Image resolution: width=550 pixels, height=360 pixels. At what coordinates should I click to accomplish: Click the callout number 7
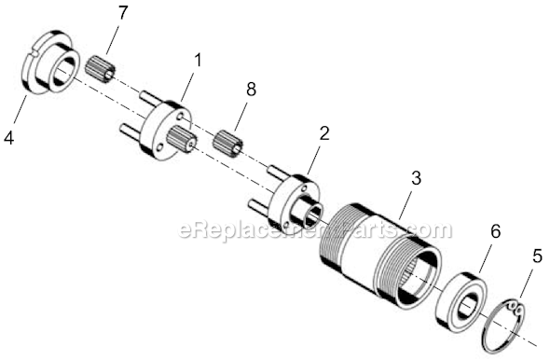coord(122,14)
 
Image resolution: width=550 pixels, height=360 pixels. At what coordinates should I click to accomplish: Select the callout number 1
coord(199,60)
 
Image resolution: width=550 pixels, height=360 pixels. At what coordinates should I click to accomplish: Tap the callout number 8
coord(251,90)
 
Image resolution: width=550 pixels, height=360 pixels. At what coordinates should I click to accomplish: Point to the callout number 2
coord(324,133)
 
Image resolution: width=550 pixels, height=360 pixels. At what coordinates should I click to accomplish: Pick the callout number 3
coord(416,178)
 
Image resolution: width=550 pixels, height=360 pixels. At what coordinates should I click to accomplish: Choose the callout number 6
coord(495,231)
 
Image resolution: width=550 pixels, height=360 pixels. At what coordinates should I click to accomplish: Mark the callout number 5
coord(537,256)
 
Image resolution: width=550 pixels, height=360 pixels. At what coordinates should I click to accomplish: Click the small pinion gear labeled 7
coord(101,68)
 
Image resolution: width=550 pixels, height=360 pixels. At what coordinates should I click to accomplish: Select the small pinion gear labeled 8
coord(228,141)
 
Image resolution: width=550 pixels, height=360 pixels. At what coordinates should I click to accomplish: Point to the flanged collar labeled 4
coord(49,62)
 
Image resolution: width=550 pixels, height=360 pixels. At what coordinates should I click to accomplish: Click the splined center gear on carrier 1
coord(182,139)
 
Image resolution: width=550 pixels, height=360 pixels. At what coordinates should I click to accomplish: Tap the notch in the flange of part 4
coord(33,52)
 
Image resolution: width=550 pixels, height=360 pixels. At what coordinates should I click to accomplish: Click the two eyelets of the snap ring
coord(515,306)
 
